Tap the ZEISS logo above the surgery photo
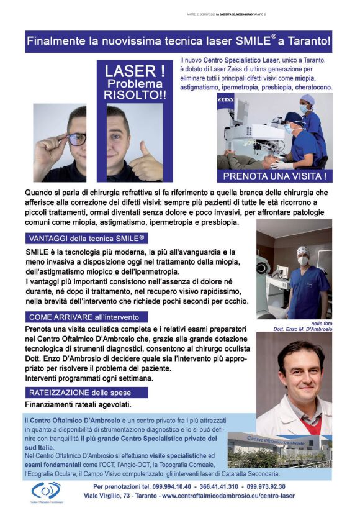(x=225, y=99)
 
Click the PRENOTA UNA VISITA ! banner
(x=274, y=176)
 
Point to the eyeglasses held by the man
(x=76, y=139)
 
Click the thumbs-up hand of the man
(x=146, y=163)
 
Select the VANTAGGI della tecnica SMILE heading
(x=86, y=239)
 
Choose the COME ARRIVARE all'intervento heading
(x=86, y=317)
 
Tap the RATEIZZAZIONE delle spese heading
(x=86, y=393)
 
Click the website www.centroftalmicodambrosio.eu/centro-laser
(x=228, y=496)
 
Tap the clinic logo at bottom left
(x=47, y=492)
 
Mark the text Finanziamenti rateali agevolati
(x=78, y=405)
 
